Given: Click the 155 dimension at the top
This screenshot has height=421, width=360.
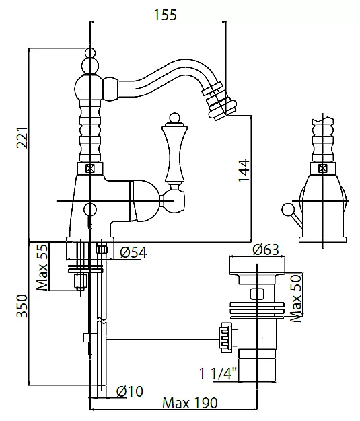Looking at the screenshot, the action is (166, 15).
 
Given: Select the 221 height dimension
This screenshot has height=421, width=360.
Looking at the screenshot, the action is (22, 137).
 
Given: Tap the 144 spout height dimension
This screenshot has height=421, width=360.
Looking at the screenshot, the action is (244, 171).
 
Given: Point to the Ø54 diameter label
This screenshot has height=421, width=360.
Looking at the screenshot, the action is (133, 252).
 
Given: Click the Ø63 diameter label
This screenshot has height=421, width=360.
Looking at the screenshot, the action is (266, 250).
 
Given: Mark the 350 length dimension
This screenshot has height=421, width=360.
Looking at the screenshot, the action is (22, 306).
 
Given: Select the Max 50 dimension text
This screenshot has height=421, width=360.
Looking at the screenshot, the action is (296, 298).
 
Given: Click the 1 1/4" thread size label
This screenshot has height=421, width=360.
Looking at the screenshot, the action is (218, 373).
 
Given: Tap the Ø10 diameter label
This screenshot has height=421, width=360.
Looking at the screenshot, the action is (130, 391).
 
